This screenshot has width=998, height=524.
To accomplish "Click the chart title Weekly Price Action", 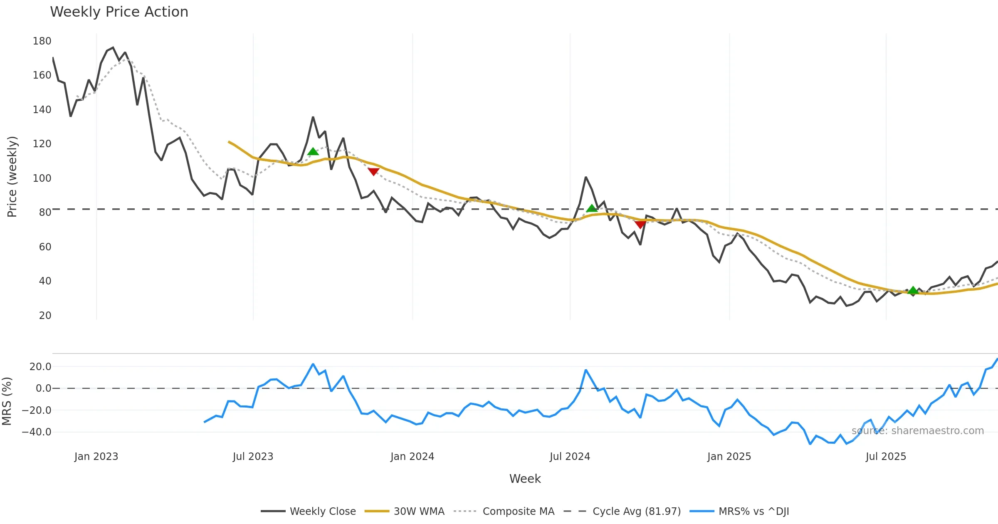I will pyautogui.click(x=119, y=12).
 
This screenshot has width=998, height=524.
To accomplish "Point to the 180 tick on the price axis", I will pyautogui.click(x=42, y=41).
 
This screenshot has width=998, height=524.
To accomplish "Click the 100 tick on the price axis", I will pyautogui.click(x=42, y=178).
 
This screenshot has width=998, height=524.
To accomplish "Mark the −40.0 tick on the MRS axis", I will pyautogui.click(x=37, y=432).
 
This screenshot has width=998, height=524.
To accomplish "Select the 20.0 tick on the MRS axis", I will pyautogui.click(x=40, y=367).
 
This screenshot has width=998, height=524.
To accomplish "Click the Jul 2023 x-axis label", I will pyautogui.click(x=253, y=457).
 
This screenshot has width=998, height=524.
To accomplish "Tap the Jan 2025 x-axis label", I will pyautogui.click(x=729, y=457).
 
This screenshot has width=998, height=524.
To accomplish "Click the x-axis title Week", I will pyautogui.click(x=525, y=479).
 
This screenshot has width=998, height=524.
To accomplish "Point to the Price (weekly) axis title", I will pyautogui.click(x=12, y=177).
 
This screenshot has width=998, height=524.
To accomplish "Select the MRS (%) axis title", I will pyautogui.click(x=7, y=401).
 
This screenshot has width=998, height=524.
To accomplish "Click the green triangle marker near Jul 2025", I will pyautogui.click(x=913, y=290).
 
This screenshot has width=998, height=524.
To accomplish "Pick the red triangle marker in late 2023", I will pyautogui.click(x=373, y=171).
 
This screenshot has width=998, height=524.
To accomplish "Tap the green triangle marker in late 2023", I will pyautogui.click(x=313, y=151).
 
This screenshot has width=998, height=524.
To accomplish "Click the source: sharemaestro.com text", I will pyautogui.click(x=917, y=431).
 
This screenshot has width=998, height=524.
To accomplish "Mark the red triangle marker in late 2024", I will pyautogui.click(x=640, y=225).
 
